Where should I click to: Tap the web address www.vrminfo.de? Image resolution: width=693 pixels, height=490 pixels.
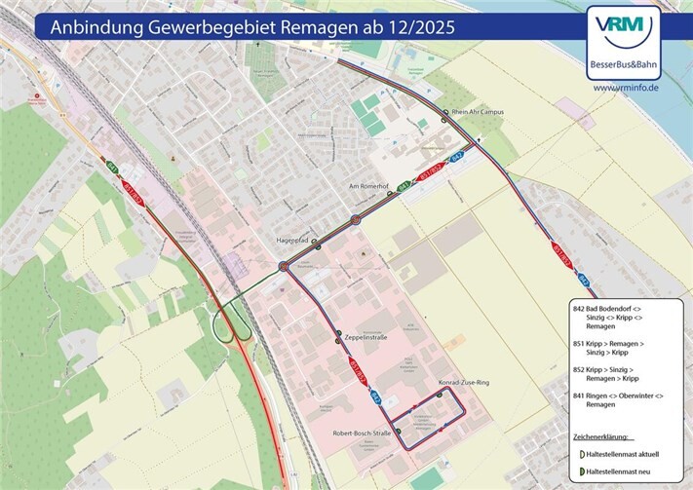pyautogui.click(x=626, y=88)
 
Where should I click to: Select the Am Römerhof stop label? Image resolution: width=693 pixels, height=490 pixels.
pyautogui.click(x=368, y=184)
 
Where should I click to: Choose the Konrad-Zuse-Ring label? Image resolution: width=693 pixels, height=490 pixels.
pyautogui.click(x=464, y=383)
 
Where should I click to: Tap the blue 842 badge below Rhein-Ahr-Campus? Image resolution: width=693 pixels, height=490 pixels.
pyautogui.click(x=455, y=157)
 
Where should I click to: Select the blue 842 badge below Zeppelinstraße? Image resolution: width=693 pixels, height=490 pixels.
pyautogui.click(x=374, y=397)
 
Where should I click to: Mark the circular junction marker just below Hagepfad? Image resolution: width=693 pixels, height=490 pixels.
pyautogui.click(x=284, y=265)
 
